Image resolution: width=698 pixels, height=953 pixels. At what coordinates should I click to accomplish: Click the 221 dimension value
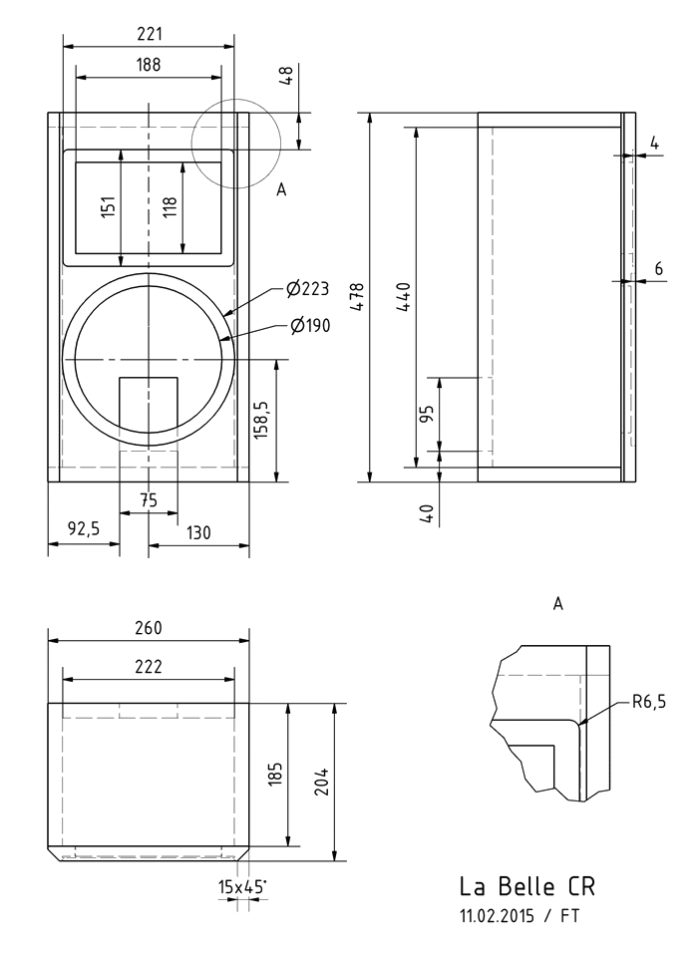150,34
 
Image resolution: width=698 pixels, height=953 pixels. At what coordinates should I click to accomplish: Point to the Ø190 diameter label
311,325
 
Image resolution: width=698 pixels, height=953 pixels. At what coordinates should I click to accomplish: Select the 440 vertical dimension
404,297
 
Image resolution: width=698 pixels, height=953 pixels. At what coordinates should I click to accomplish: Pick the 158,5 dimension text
262,420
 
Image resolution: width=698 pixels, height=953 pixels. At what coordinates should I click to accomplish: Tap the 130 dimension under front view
198,532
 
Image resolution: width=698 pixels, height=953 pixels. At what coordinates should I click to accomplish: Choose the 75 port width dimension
148,501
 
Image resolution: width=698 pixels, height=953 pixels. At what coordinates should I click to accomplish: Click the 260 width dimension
149,628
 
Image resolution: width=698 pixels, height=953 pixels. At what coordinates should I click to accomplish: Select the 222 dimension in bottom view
149,667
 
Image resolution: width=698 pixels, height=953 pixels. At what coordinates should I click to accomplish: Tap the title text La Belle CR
527,886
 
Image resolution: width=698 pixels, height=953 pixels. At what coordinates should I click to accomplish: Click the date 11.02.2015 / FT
519,914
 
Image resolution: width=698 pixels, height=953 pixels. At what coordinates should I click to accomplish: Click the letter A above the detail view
557,603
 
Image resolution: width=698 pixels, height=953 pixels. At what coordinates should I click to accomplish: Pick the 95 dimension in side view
427,415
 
